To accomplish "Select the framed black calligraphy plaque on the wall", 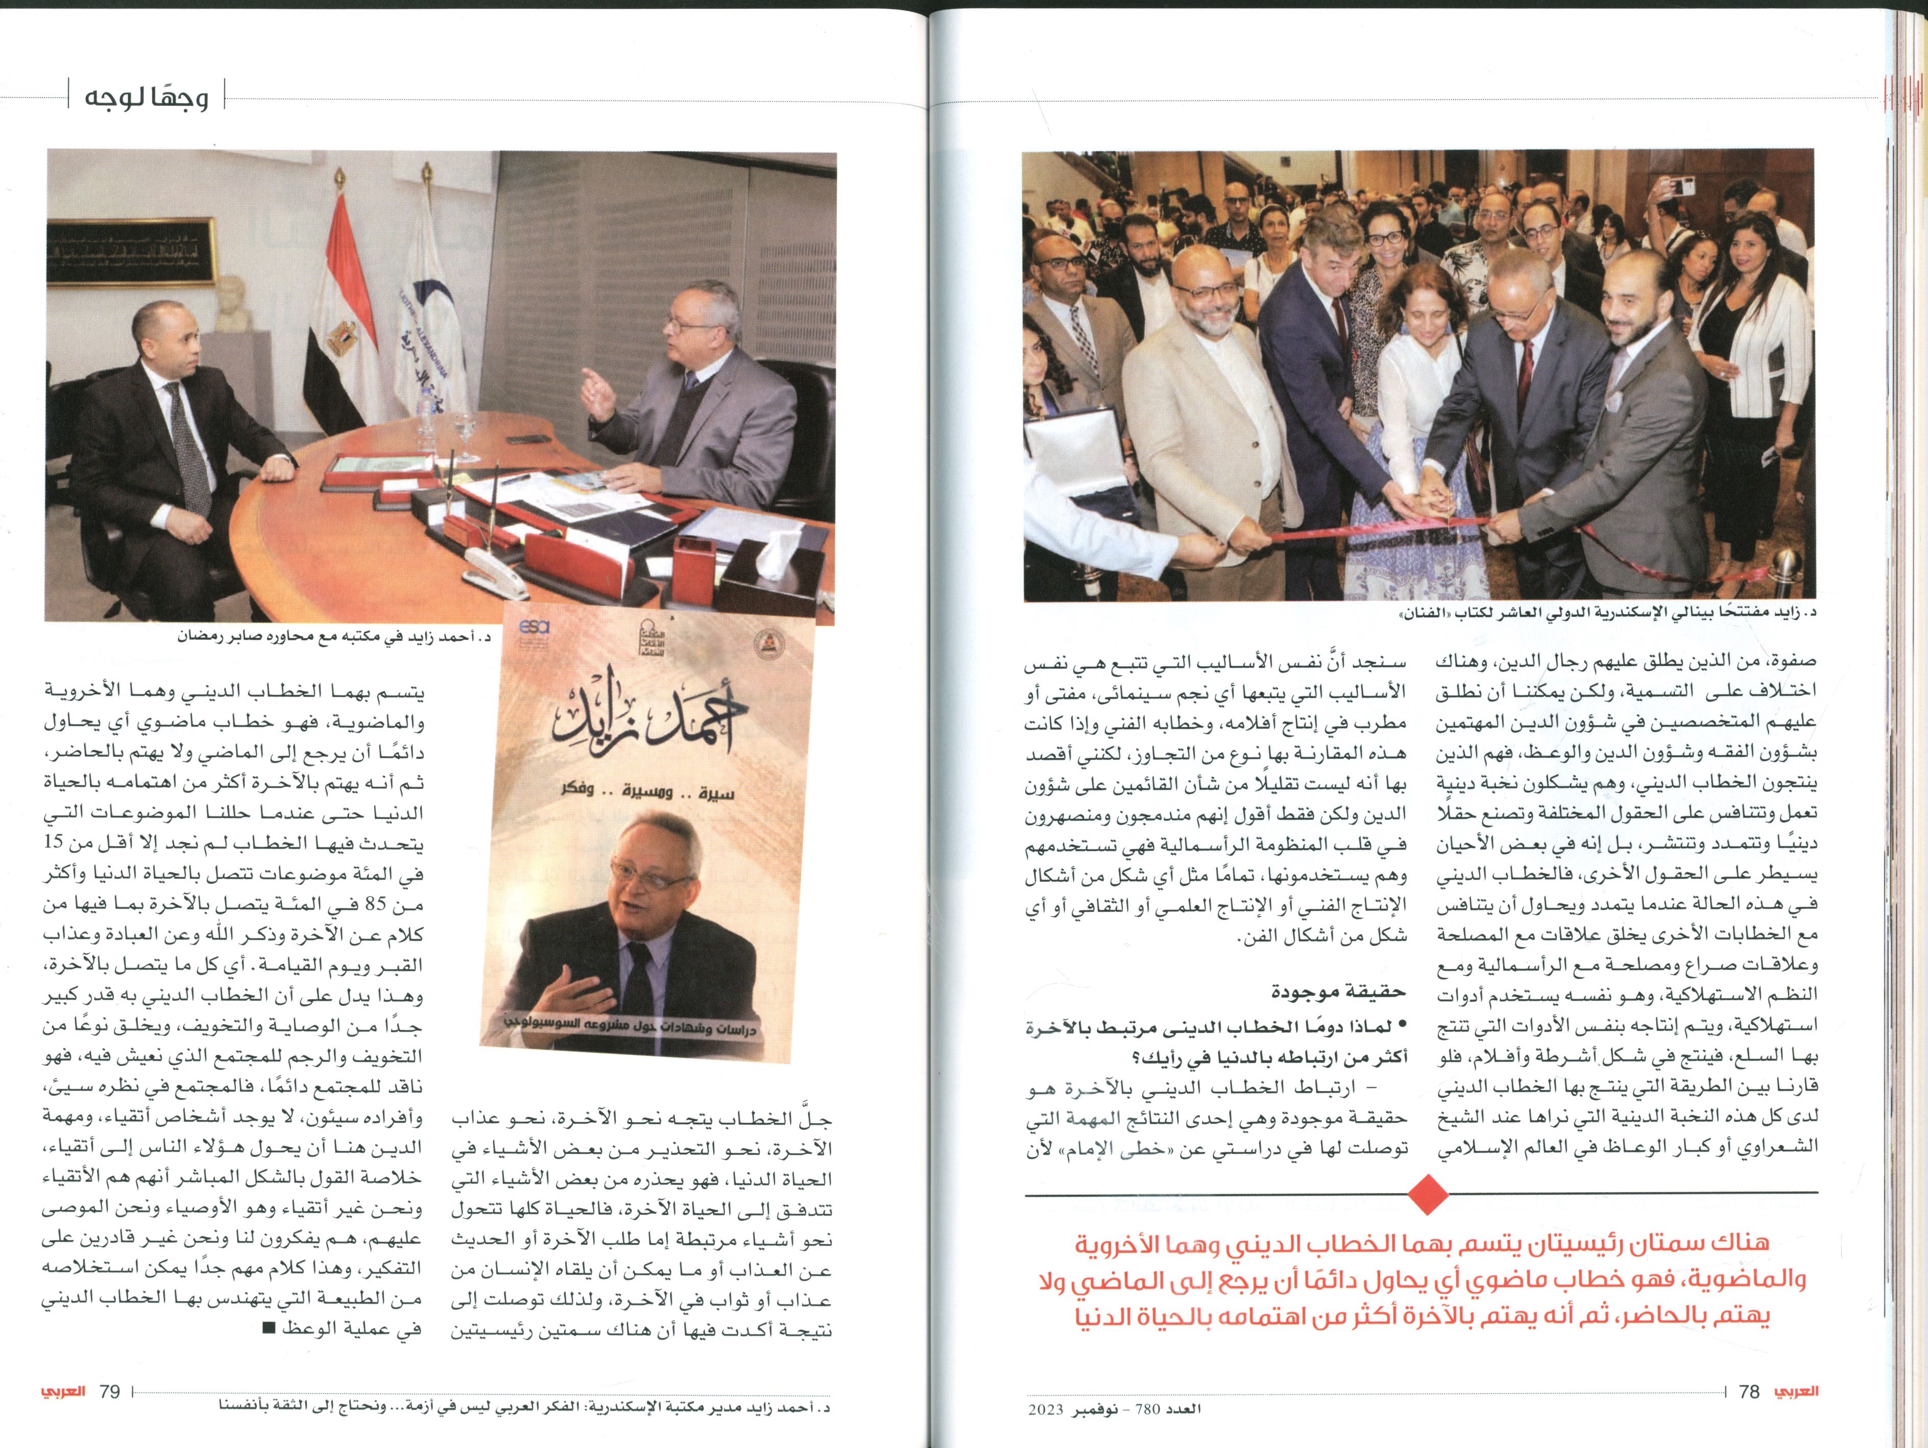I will [x=131, y=251].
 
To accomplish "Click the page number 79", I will [x=109, y=1391].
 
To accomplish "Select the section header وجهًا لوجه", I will [x=147, y=96].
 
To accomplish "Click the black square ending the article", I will [x=269, y=1329].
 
